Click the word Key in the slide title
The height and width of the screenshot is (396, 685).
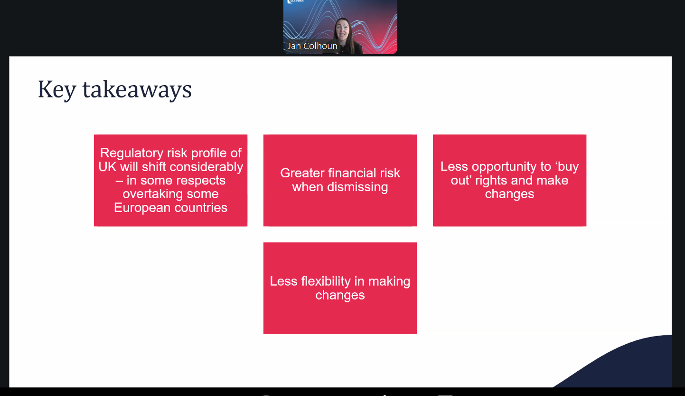click(57, 89)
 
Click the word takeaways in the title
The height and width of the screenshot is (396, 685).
click(137, 89)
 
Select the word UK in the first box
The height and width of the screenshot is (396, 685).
click(107, 167)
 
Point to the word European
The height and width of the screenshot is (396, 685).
click(142, 208)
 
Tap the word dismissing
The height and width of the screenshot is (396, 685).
click(357, 187)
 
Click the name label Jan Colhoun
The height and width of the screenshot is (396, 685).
click(312, 46)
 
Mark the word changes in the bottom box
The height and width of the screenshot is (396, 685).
click(340, 295)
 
